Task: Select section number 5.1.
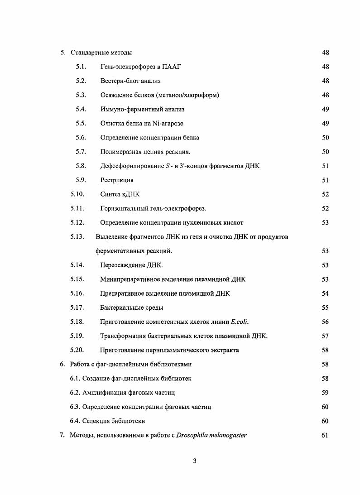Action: point(81,67)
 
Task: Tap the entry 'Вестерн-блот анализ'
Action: point(130,81)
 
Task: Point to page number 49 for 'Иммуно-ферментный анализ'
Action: point(325,109)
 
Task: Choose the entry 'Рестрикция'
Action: point(117,180)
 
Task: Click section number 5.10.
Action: point(77,194)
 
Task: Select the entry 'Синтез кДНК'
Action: point(120,194)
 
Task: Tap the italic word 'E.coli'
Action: point(240,322)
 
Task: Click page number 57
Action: point(325,336)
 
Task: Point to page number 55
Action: point(325,308)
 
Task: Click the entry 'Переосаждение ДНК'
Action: point(131,265)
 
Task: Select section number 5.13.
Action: point(77,237)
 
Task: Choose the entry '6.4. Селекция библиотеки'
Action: point(107,421)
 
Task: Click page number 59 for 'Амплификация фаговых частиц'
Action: point(325,393)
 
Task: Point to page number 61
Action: point(325,436)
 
